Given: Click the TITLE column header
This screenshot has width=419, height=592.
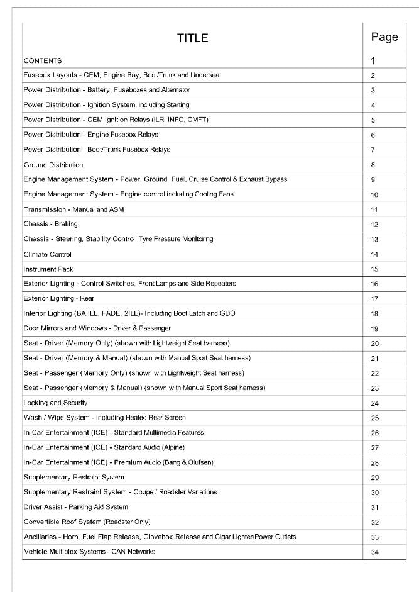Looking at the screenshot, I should pos(192,38).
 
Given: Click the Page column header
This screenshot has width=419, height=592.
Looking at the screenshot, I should pos(384,37).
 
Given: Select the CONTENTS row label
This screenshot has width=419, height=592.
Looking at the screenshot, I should pos(43,61).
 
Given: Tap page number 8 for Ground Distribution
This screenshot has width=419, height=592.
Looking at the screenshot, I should pos(373,165).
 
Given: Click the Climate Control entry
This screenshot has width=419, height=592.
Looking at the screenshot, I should pos(48,254).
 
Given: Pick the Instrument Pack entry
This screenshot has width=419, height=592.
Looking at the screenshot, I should pos(48,269).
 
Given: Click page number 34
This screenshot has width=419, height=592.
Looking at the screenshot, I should pos(374,552).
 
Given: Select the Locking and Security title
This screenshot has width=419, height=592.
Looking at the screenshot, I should pos(55,403).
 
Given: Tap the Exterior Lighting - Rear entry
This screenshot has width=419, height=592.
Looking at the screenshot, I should pos(59,298).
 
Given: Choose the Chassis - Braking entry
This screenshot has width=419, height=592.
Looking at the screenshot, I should pos(51,224).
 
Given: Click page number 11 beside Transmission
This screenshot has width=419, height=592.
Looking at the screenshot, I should pos(374,209).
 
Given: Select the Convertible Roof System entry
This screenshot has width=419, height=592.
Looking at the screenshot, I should pos(87,522).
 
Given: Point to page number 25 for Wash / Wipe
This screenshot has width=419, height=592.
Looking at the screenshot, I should pos(374,418).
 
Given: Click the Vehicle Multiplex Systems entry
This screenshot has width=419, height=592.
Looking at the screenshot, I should pos(89,551).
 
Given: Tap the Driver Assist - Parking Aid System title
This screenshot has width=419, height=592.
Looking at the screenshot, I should pos(76,506).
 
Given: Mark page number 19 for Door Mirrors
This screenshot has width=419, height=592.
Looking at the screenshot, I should pos(374,328).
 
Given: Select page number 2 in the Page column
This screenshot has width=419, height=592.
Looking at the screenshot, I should pos(373,75).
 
